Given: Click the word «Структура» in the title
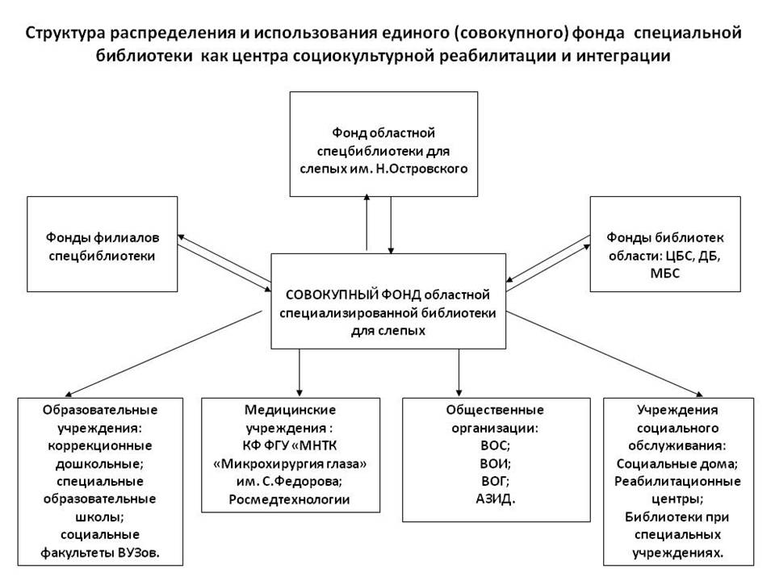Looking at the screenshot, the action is pyautogui.click(x=65, y=34).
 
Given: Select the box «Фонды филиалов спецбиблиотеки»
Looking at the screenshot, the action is pyautogui.click(x=103, y=244).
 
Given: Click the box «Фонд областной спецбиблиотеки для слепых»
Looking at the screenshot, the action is pyautogui.click(x=383, y=144).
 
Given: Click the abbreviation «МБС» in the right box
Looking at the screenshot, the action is pyautogui.click(x=665, y=274).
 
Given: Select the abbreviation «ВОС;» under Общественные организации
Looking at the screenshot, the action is pyautogui.click(x=496, y=445).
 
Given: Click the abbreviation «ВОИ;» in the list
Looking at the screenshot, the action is pyautogui.click(x=496, y=463).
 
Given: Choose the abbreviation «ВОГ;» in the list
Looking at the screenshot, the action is pyautogui.click(x=496, y=481).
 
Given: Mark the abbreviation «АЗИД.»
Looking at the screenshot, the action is pyautogui.click(x=496, y=499).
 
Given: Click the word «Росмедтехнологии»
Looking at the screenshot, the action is pyautogui.click(x=290, y=499).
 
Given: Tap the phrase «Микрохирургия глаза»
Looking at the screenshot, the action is pyautogui.click(x=290, y=464).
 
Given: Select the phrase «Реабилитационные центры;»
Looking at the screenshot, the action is pyautogui.click(x=677, y=490).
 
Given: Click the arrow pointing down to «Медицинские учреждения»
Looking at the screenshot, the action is pyautogui.click(x=300, y=373).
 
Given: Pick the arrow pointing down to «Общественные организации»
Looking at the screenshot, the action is pyautogui.click(x=459, y=373).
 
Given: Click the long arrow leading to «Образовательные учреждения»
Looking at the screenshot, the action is pyautogui.click(x=164, y=353).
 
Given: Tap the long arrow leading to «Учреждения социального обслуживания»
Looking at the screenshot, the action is pyautogui.click(x=605, y=354).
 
